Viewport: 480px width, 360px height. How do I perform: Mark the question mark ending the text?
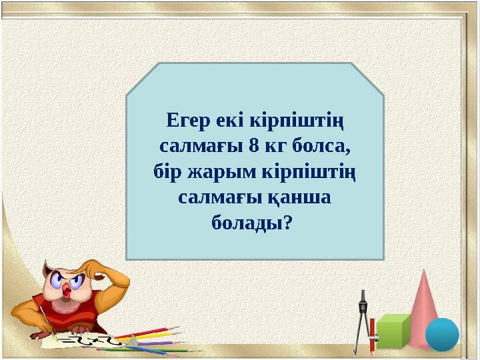point(287,222)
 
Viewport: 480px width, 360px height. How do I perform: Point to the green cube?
point(394,330)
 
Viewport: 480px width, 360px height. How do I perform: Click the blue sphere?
point(442,334)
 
